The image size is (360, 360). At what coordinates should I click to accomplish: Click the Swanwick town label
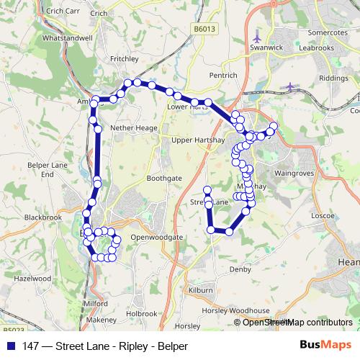tap(266, 48)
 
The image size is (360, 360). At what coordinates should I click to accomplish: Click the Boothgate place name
tap(164, 177)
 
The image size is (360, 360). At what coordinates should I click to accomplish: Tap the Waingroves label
tap(294, 174)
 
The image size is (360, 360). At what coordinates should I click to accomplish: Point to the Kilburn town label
tap(201, 290)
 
